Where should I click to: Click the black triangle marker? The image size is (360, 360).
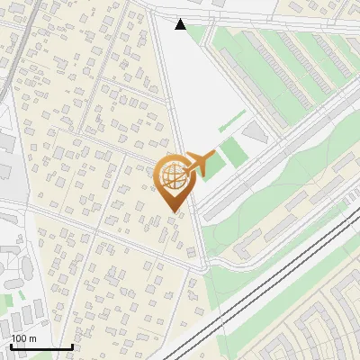(181, 24)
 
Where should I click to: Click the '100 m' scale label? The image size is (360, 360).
(24, 338)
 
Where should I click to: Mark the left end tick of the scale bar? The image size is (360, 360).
(11, 346)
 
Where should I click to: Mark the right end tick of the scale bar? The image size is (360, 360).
(72, 346)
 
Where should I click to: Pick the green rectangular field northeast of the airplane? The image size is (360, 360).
(233, 151)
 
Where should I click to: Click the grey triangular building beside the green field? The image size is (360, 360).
(256, 134)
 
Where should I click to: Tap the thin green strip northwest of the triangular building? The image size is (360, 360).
(231, 121)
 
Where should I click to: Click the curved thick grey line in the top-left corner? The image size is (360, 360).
(9, 54)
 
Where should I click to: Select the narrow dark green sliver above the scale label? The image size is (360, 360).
(7, 296)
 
